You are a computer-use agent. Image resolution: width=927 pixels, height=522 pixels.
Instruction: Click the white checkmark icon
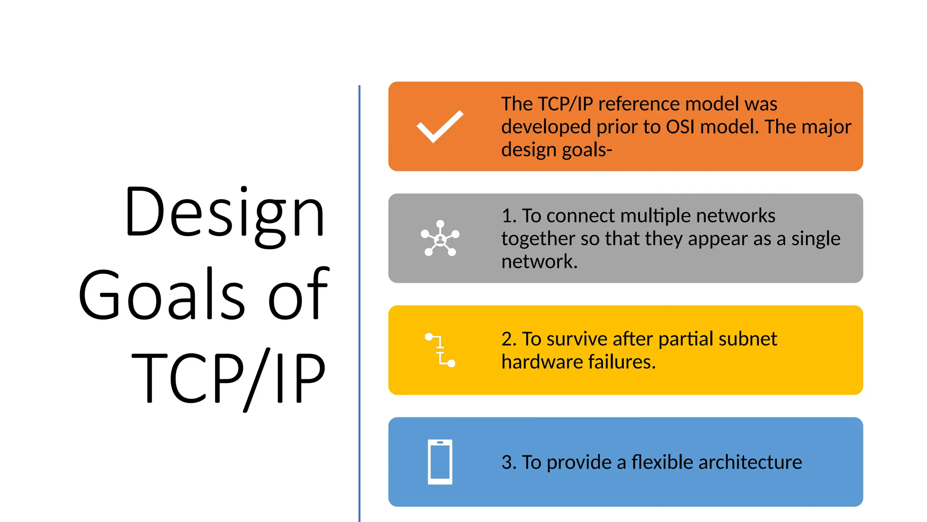coord(440,126)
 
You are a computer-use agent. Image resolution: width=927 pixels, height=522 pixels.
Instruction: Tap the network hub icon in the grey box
coord(440,238)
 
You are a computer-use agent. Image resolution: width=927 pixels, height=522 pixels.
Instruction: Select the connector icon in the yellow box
coord(440,350)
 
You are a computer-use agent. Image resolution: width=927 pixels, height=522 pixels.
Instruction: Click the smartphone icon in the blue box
coord(440,462)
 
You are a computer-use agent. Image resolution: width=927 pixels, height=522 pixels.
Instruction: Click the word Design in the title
coord(225,213)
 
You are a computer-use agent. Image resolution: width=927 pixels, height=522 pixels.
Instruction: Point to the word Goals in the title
coord(162,295)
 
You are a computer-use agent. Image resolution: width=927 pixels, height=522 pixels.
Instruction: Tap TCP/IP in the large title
coord(229,378)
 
